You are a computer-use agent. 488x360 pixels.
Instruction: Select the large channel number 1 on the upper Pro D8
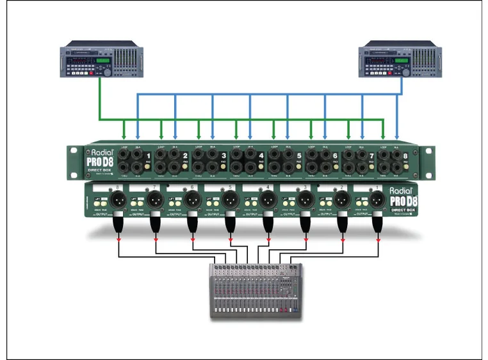click(148, 156)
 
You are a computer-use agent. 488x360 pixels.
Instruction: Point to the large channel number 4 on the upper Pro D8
click(261, 156)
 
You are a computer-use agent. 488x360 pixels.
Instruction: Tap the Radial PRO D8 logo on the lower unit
click(402, 199)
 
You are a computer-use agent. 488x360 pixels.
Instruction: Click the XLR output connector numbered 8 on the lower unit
click(117, 200)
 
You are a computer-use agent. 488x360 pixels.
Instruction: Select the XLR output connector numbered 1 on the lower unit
click(378, 200)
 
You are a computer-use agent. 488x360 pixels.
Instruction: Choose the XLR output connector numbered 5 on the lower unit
click(229, 200)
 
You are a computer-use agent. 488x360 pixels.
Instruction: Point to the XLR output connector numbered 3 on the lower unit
click(304, 200)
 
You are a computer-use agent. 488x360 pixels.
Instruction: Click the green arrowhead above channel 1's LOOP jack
click(124, 138)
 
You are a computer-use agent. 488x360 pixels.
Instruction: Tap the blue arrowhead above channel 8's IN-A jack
click(397, 138)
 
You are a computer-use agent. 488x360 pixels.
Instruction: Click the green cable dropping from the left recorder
click(99, 99)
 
